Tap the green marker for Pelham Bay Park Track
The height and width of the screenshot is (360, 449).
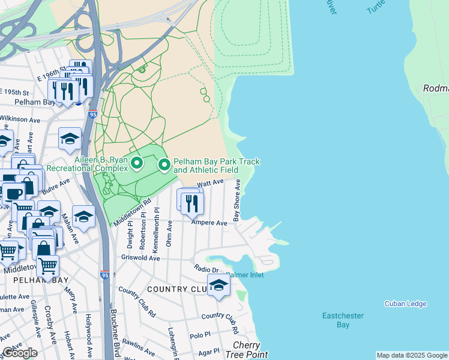164,164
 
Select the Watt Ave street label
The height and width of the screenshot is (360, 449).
211,182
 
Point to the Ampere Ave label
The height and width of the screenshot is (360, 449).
209,223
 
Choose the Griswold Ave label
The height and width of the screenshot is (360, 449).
139,258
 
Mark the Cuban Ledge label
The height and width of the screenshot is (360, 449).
405,304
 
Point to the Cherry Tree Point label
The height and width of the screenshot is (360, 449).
246,350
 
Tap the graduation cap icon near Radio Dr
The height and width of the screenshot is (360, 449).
218,285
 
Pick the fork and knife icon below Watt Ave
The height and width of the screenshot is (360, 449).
192,202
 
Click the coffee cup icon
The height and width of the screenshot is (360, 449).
13,193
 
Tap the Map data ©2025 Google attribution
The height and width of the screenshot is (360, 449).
412,355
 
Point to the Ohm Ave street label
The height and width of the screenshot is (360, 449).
170,233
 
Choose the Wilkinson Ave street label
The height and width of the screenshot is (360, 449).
20,119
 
